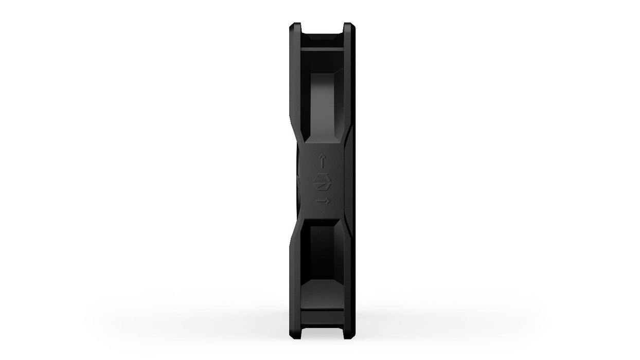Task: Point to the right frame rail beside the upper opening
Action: click(x=347, y=87)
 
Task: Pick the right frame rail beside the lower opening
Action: click(x=347, y=273)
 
